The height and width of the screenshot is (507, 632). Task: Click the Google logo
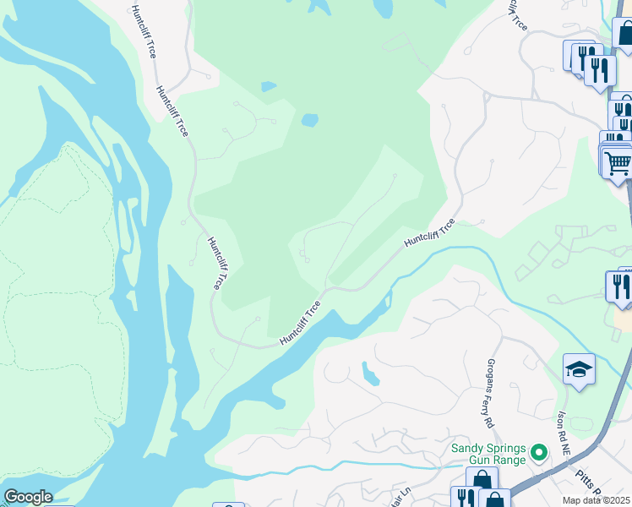pos(28,497)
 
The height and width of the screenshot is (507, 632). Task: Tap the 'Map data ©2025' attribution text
pos(597,500)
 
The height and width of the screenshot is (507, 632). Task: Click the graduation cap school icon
pos(579,369)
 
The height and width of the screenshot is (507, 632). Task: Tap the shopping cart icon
pos(618,161)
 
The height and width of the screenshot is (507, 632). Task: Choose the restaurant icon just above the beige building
pos(621,286)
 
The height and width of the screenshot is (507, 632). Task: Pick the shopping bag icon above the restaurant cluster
pos(624,35)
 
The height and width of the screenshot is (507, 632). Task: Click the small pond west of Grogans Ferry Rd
pos(370,373)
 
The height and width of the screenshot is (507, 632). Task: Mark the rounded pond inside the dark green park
pos(310,120)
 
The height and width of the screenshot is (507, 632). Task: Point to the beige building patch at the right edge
pos(624,321)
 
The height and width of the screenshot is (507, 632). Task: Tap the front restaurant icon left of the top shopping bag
pos(599,68)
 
